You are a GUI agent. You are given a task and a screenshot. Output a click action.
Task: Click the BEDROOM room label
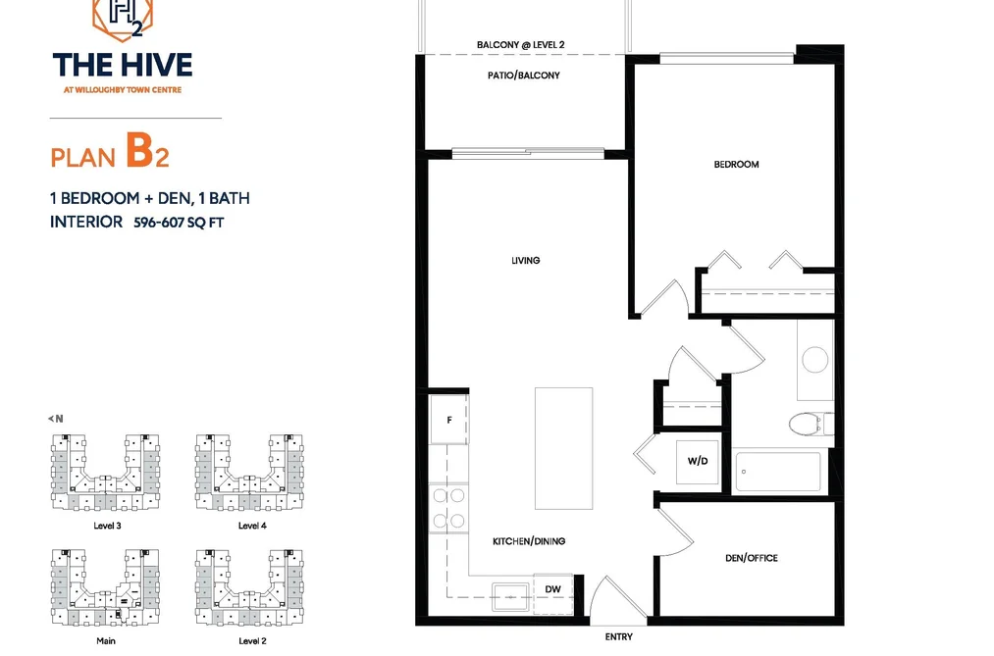click(736, 165)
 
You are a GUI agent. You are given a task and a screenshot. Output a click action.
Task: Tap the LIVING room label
click(526, 260)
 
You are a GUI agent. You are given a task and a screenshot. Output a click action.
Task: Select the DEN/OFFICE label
click(752, 558)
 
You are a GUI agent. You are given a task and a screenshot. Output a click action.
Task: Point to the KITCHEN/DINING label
click(529, 541)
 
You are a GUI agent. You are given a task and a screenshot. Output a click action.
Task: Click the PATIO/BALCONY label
click(524, 76)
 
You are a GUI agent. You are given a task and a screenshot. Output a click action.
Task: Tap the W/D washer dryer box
click(698, 462)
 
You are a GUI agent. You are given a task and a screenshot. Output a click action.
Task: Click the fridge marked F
click(448, 419)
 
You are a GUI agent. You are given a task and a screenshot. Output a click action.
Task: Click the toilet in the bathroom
click(811, 424)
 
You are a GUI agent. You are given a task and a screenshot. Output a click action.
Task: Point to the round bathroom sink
click(815, 360)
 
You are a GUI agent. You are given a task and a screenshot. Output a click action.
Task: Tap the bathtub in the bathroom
click(778, 472)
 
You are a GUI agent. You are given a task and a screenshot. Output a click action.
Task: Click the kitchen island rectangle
click(563, 448)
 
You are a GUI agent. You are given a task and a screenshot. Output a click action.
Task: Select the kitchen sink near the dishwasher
click(511, 596)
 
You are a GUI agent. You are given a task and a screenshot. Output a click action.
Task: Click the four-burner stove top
click(448, 509)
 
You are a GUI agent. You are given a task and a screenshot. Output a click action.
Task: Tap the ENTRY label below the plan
click(619, 637)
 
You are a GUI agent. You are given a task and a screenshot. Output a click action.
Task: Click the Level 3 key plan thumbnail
click(105, 473)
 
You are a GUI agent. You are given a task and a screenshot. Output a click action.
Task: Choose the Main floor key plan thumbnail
click(105, 587)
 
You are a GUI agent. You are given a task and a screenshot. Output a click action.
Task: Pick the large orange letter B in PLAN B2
click(139, 150)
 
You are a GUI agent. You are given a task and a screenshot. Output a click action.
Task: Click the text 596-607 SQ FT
click(179, 223)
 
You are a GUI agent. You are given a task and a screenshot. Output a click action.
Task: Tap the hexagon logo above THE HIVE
click(123, 19)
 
